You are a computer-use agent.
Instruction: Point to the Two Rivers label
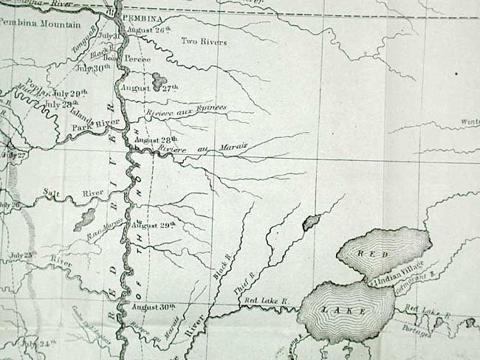[204, 42]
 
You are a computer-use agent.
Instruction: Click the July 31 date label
[109, 35]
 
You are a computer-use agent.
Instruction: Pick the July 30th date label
[93, 68]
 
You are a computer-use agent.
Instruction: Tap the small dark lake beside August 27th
[159, 79]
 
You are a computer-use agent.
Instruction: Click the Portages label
[422, 328]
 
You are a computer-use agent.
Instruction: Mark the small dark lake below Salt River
[87, 218]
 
